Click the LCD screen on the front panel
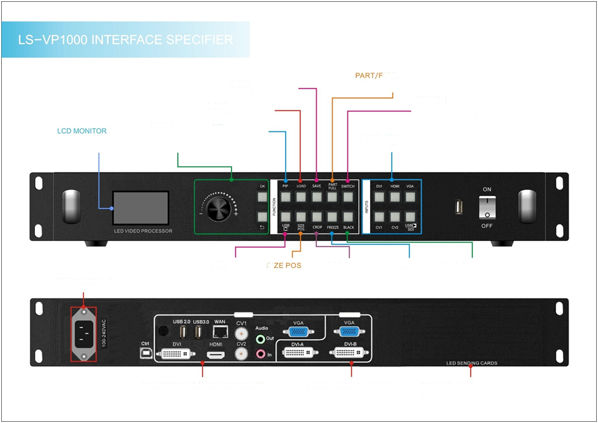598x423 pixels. pyautogui.click(x=140, y=207)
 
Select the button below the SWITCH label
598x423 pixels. pyautogui.click(x=348, y=197)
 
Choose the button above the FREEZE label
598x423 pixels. pyautogui.click(x=333, y=216)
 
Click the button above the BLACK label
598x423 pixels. pyautogui.click(x=348, y=216)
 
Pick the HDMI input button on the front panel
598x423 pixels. pyautogui.click(x=395, y=197)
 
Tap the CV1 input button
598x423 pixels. pyautogui.click(x=379, y=216)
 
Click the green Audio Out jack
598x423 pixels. pyautogui.click(x=260, y=338)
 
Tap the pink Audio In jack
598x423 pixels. pyautogui.click(x=260, y=354)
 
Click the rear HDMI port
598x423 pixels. pyautogui.click(x=216, y=354)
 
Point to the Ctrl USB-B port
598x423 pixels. pyautogui.click(x=145, y=354)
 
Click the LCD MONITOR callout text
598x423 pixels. pyautogui.click(x=81, y=131)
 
